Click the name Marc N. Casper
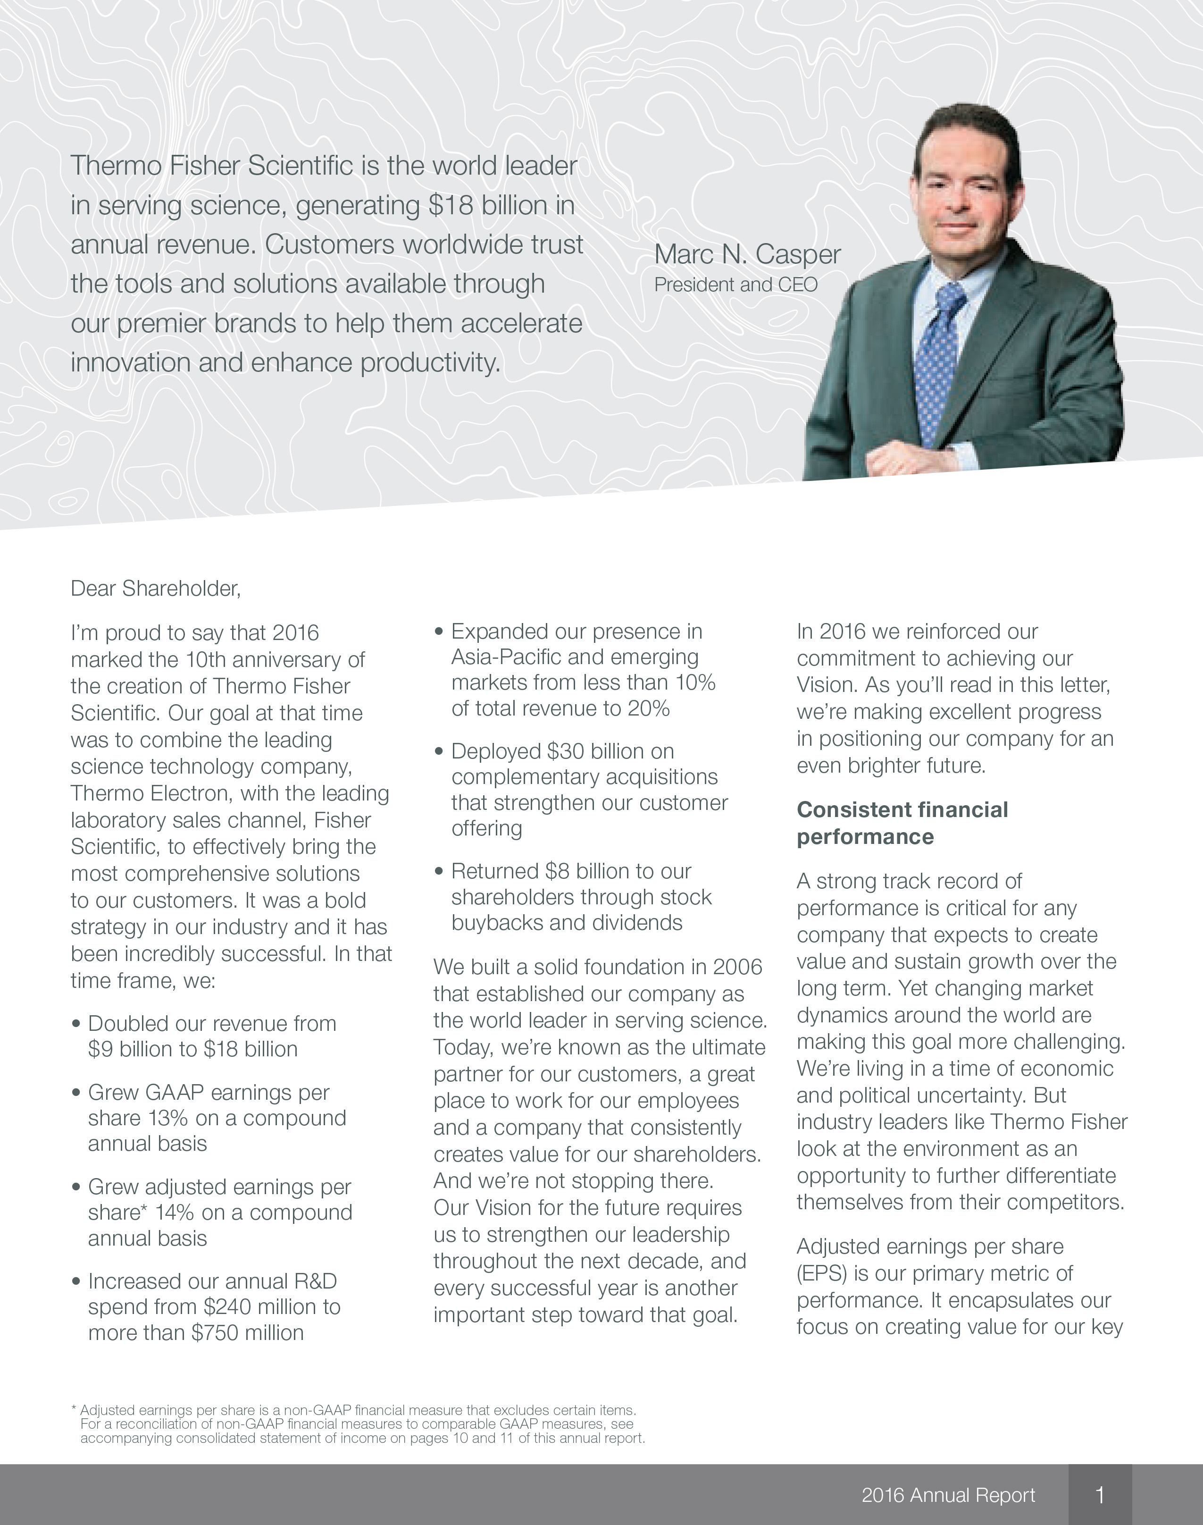(x=747, y=254)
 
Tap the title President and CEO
(x=736, y=285)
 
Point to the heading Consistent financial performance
(x=902, y=823)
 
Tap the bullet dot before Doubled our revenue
(x=76, y=1023)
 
